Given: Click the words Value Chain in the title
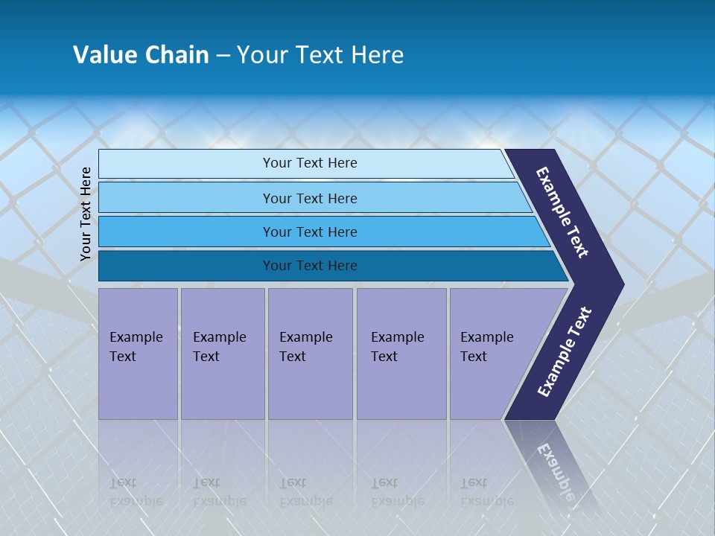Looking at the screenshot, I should pyautogui.click(x=141, y=55).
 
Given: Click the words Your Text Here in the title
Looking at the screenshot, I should pyautogui.click(x=320, y=55).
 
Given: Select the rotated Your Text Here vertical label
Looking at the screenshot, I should pyautogui.click(x=86, y=214).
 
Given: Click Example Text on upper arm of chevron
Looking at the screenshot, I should pyautogui.click(x=562, y=212).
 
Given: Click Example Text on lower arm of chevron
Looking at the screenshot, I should pyautogui.click(x=565, y=351).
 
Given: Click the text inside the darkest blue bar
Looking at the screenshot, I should pyautogui.click(x=310, y=266).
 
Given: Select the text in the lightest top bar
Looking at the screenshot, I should pyautogui.click(x=310, y=163).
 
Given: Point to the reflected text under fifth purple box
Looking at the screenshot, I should pyautogui.click(x=486, y=492).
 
